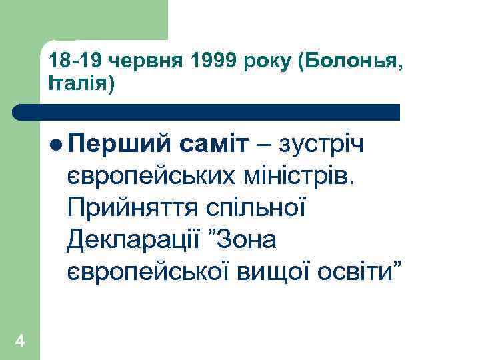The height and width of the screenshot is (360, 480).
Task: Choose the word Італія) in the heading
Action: click(82, 85)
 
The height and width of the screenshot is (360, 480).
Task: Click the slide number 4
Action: click(19, 341)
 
